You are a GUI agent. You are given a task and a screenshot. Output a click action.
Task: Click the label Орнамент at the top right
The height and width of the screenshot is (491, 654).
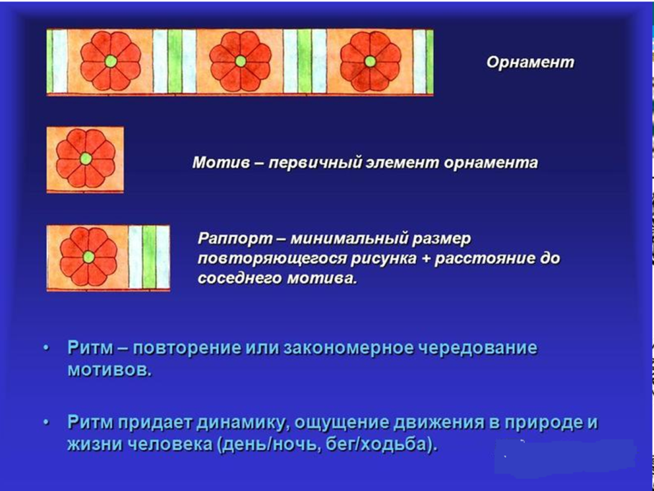click(530, 62)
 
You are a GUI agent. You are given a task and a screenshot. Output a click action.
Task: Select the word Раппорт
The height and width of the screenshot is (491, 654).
click(229, 238)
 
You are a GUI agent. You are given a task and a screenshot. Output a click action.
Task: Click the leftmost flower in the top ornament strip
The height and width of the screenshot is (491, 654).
click(111, 62)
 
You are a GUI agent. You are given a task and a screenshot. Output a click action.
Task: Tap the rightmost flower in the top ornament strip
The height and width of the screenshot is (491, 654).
click(369, 62)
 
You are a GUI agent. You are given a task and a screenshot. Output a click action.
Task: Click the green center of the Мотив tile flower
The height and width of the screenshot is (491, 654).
click(86, 158)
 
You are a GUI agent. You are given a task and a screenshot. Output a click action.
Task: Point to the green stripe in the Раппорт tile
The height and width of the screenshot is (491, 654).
click(149, 257)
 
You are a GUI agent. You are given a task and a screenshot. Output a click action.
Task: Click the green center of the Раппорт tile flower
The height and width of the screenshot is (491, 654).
click(88, 257)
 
